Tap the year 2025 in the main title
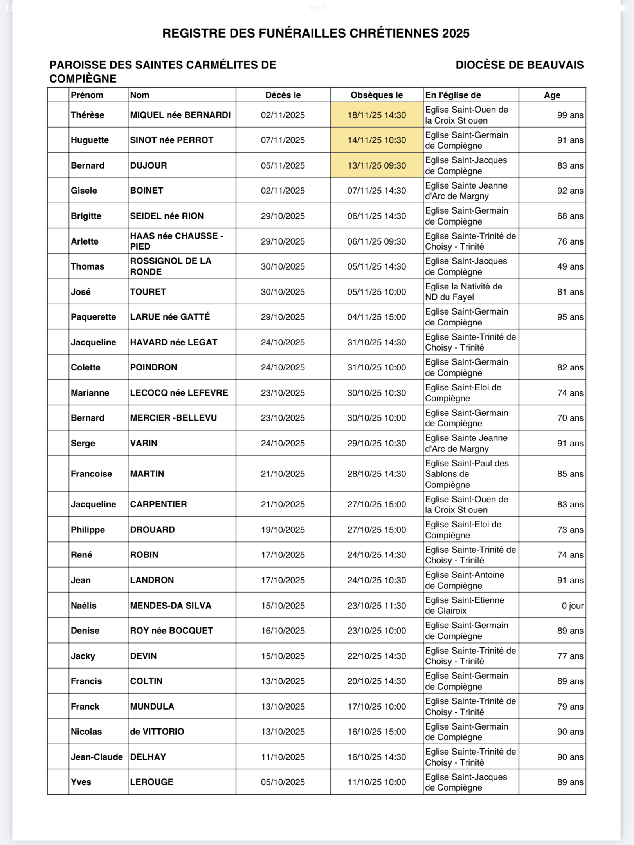(456, 33)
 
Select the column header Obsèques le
(376, 95)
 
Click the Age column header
(552, 95)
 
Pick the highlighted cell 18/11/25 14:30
(376, 115)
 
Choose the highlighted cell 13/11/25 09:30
(376, 165)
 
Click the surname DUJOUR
(148, 165)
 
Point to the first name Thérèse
(87, 115)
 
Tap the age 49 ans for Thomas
(570, 266)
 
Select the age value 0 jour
(572, 606)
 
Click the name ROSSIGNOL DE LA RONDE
(170, 266)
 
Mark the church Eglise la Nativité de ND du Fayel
(463, 292)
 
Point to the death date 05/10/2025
(283, 782)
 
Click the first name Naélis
(83, 606)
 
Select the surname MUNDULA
(152, 707)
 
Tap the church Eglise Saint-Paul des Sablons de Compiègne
(466, 474)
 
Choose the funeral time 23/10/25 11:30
(376, 606)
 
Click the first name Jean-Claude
(97, 757)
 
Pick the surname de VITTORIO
(157, 732)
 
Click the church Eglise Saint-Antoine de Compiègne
(465, 580)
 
